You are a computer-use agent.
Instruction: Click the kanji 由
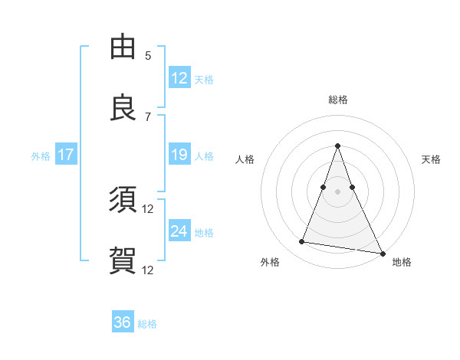(123, 47)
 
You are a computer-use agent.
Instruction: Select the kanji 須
(123, 201)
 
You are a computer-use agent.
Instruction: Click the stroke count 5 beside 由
(148, 55)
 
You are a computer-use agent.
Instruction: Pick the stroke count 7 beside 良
(148, 116)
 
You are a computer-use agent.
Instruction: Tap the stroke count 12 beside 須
(148, 208)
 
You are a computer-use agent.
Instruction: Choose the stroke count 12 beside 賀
(148, 270)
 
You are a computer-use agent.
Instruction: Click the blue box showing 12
(179, 77)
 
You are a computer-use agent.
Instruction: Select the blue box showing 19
(179, 155)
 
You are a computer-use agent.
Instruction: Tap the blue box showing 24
(179, 231)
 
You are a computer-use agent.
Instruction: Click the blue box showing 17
(66, 155)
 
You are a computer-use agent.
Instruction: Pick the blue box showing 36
(123, 322)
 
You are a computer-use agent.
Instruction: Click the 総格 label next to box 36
(147, 324)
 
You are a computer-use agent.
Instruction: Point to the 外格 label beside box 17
(41, 155)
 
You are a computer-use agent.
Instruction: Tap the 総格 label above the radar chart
(337, 100)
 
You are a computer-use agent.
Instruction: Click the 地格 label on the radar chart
(402, 262)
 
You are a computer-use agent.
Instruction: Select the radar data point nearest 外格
(302, 242)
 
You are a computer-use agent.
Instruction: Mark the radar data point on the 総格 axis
(337, 146)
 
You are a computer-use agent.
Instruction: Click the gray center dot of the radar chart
(337, 191)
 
